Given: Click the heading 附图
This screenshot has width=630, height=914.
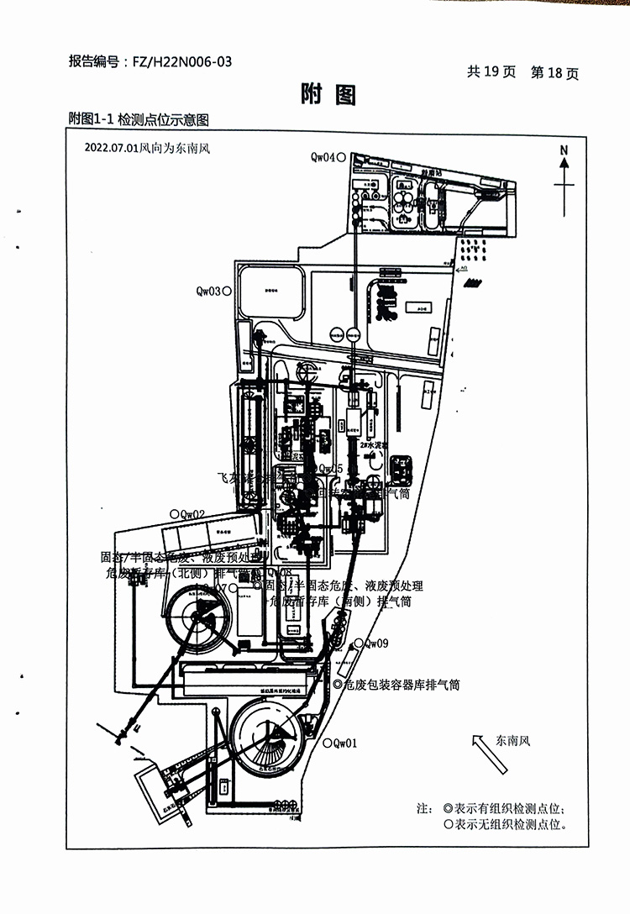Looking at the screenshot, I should pos(328,95).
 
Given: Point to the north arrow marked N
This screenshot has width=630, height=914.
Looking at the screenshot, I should pos(564,169).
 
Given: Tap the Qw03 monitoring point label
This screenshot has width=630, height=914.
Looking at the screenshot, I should pos(208,292).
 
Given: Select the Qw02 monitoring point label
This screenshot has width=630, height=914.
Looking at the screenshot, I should pos(192,514).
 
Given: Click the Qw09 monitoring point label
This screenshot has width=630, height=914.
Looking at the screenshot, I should pos(375,643).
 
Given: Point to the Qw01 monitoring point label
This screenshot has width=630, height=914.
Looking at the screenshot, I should pos(345,743).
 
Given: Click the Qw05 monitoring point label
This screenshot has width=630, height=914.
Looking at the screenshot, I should pos(331,469).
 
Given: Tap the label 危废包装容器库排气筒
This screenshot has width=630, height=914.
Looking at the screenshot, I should pos(402,685).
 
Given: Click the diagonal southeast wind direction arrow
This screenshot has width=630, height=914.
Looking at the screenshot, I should pos(491,754).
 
